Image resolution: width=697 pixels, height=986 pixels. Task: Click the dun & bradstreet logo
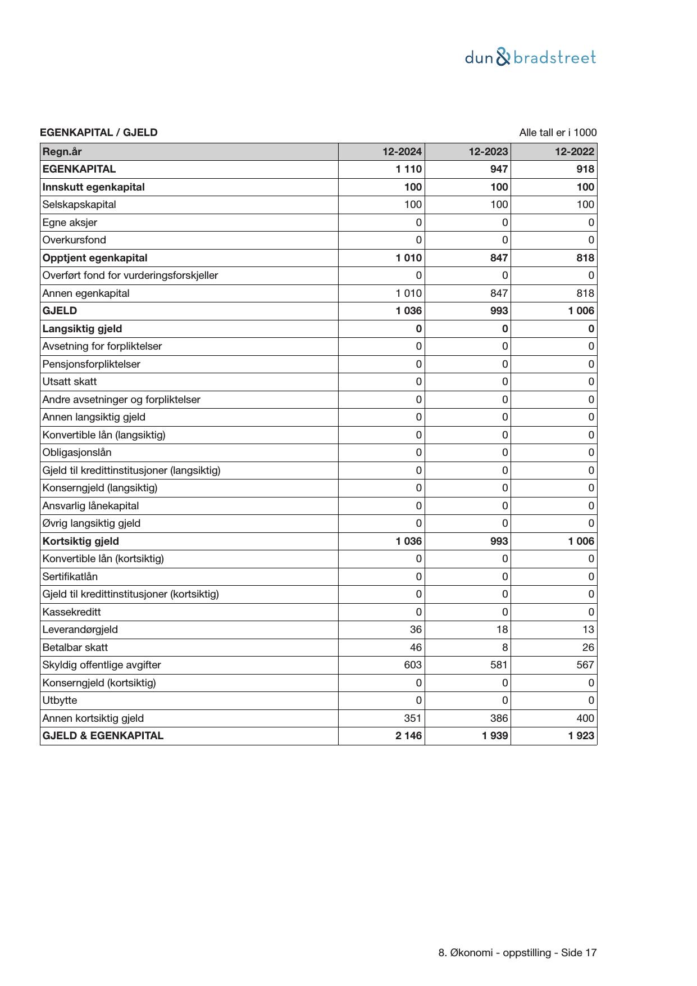[530, 57]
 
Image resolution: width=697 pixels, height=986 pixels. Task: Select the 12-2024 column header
[402, 151]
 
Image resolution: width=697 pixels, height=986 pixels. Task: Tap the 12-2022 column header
[574, 151]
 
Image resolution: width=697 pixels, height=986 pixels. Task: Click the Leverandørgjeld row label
[80, 630]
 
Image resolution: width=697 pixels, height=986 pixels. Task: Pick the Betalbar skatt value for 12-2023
[504, 647]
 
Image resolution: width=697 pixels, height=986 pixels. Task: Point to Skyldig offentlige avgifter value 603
[412, 665]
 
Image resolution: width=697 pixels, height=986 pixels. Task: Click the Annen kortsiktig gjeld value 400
[585, 718]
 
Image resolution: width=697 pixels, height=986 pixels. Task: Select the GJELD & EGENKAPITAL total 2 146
[408, 736]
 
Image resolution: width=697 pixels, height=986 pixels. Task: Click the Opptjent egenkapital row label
[95, 258]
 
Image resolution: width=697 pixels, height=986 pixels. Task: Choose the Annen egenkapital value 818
[585, 293]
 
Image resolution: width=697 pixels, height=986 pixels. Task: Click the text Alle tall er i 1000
[558, 133]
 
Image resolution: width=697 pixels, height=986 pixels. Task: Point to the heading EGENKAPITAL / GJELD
[99, 133]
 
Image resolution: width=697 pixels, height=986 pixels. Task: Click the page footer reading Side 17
[517, 953]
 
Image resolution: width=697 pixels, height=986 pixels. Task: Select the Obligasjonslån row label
[77, 453]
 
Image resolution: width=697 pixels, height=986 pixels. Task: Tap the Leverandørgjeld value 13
[588, 630]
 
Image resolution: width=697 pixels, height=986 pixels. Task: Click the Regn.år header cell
[62, 151]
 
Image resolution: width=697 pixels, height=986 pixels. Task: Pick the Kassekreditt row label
[71, 612]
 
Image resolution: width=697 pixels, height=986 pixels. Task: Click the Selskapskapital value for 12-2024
[412, 205]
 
